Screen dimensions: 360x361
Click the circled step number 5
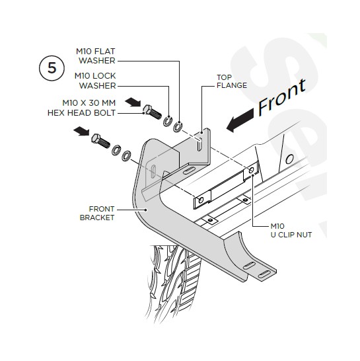(52, 68)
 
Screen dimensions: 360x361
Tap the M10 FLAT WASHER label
(96, 56)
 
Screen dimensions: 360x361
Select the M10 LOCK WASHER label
(95, 81)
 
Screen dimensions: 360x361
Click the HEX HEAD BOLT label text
(81, 113)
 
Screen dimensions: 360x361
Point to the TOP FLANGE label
(232, 81)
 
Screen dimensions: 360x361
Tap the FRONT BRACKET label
(97, 213)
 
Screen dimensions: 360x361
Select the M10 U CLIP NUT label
(291, 231)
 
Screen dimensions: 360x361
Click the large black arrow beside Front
(240, 120)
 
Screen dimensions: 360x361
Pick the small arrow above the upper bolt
(133, 102)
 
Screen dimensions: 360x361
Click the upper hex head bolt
(152, 112)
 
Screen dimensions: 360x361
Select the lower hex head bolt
(100, 141)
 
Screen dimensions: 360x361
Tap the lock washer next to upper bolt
(168, 121)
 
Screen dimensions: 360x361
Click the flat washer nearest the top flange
(178, 127)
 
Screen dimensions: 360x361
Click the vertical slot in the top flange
(199, 144)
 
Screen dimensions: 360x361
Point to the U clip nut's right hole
(252, 171)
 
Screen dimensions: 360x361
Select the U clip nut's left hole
(201, 200)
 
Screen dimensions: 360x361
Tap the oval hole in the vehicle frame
(289, 159)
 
